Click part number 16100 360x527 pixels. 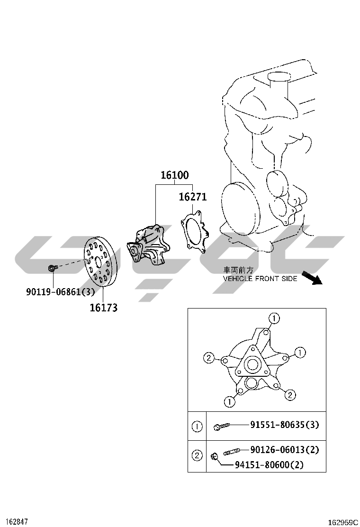tap(175, 175)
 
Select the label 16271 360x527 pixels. tap(192, 197)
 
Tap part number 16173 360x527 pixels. tap(103, 308)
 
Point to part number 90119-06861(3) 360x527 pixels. tap(61, 292)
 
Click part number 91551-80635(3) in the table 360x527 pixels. tap(284, 425)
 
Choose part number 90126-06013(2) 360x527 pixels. tap(284, 450)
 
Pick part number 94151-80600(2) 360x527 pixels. tap(269, 465)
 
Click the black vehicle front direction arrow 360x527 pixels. tap(312, 278)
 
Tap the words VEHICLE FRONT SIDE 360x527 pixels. tap(260, 279)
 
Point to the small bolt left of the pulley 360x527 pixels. tap(53, 268)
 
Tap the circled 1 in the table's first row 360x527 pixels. tap(197, 427)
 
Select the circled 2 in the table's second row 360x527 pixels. tap(197, 456)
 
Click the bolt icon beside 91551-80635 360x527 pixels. tap(222, 427)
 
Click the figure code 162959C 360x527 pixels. tap(343, 523)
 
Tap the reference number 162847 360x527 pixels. tap(14, 522)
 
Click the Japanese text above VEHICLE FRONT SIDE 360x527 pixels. tap(238, 270)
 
